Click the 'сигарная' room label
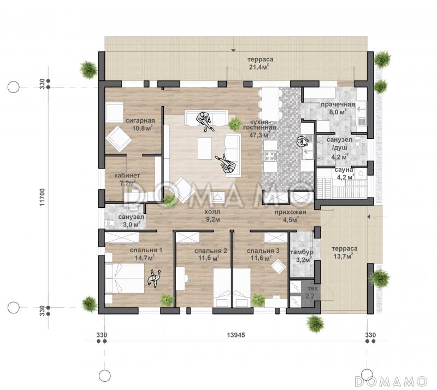click(x=140, y=120)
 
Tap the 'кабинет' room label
click(x=127, y=176)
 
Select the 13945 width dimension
click(x=236, y=335)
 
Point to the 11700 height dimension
click(x=42, y=197)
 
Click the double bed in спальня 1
click(x=125, y=278)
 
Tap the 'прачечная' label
click(x=338, y=104)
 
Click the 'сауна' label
click(x=344, y=170)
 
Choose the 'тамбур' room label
click(x=302, y=252)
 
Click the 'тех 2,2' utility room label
click(x=310, y=292)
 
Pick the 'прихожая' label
click(x=291, y=212)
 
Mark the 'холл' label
click(x=212, y=212)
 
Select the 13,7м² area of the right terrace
click(x=343, y=257)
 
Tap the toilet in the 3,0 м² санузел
click(x=110, y=223)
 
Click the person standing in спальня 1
click(x=154, y=277)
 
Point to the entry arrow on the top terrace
click(x=234, y=50)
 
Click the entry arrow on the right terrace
click(x=368, y=217)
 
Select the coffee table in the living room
click(x=205, y=149)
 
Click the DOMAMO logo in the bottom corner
click(x=391, y=381)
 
